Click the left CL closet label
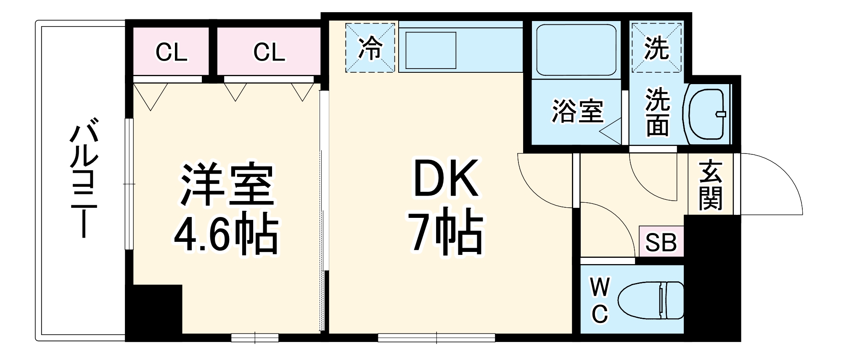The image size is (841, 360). tap(171, 53)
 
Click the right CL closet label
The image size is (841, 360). tap(269, 53)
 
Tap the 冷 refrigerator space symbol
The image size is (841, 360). tap(370, 48)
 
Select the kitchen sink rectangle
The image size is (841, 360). tap(430, 50)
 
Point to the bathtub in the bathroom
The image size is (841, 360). tap(576, 50)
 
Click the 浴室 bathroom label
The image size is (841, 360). tap(577, 111)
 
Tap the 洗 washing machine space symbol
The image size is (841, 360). tap(656, 48)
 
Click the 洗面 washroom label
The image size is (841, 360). tap(658, 112)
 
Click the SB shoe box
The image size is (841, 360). tap(661, 242)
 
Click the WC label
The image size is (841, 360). tap(600, 300)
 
